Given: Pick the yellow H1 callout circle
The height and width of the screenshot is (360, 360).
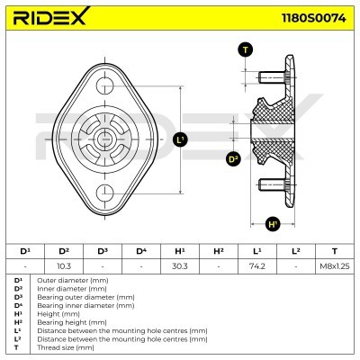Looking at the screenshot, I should (274, 224).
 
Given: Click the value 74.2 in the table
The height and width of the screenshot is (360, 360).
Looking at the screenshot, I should (256, 266).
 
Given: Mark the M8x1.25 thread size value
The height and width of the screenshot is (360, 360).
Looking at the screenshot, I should (334, 266).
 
